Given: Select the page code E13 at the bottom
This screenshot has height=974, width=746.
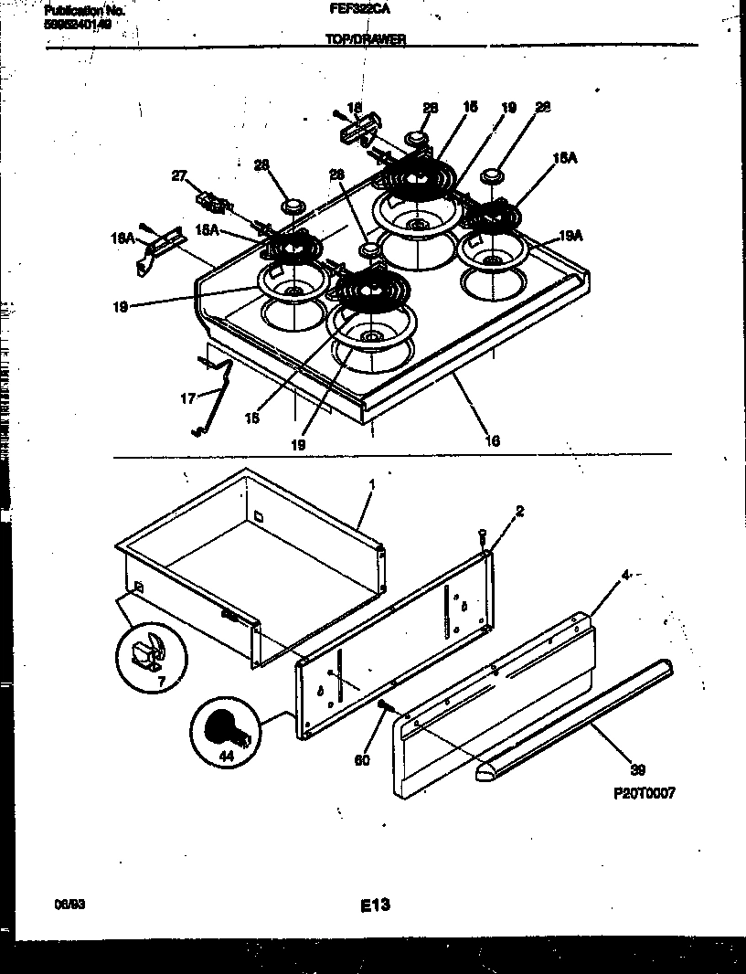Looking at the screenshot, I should pyautogui.click(x=374, y=905).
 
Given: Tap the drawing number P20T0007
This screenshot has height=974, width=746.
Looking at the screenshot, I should pyautogui.click(x=645, y=794).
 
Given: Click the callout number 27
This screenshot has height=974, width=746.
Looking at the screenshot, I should pyautogui.click(x=180, y=176).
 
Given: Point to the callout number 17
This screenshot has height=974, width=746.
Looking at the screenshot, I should pyautogui.click(x=187, y=398).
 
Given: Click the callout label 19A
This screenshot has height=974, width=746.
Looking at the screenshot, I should pyautogui.click(x=570, y=235).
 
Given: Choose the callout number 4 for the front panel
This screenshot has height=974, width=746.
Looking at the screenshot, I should pyautogui.click(x=600, y=576).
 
